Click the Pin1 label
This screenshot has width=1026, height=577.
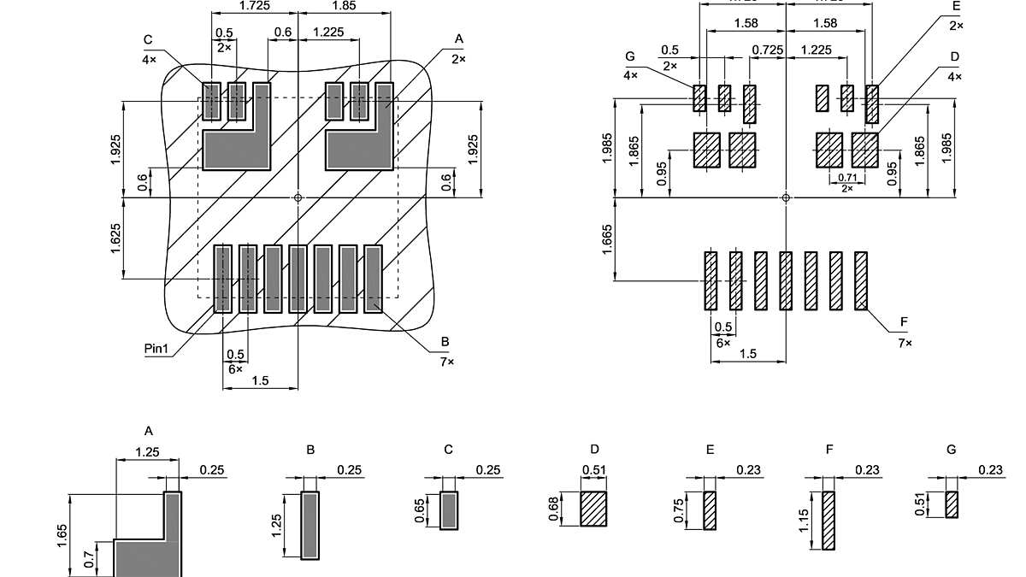pos(159,349)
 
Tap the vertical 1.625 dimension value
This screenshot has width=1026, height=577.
pos(115,238)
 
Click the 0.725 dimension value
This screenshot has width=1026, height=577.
pos(767,50)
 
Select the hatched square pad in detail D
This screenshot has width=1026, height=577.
pos(593,509)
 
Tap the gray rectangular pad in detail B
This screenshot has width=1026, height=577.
pos(310,524)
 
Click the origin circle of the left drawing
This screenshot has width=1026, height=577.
pos(298,197)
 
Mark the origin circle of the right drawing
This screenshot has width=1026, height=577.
pos(786,197)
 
